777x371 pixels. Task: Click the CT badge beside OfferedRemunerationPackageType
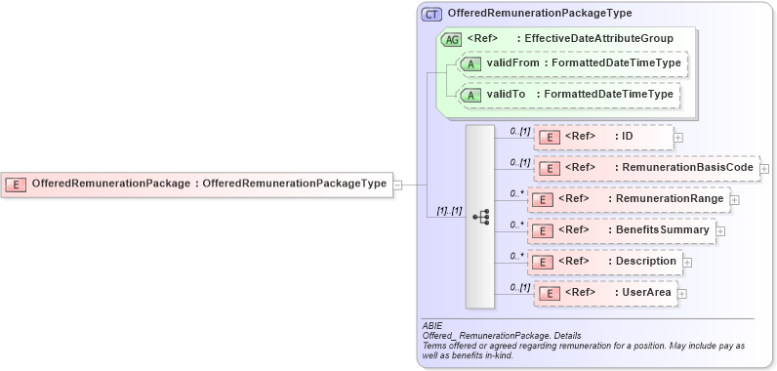[431, 14]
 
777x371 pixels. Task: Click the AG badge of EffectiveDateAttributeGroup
[452, 39]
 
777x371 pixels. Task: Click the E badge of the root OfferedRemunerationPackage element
[16, 183]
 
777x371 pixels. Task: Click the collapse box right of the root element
[397, 183]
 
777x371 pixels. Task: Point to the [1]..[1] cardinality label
[449, 210]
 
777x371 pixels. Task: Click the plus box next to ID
[677, 138]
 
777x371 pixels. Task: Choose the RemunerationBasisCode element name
[687, 168]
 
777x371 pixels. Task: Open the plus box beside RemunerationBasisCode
[764, 169]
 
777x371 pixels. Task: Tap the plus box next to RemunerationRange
[734, 199]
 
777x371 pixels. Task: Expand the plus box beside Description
[687, 262]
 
